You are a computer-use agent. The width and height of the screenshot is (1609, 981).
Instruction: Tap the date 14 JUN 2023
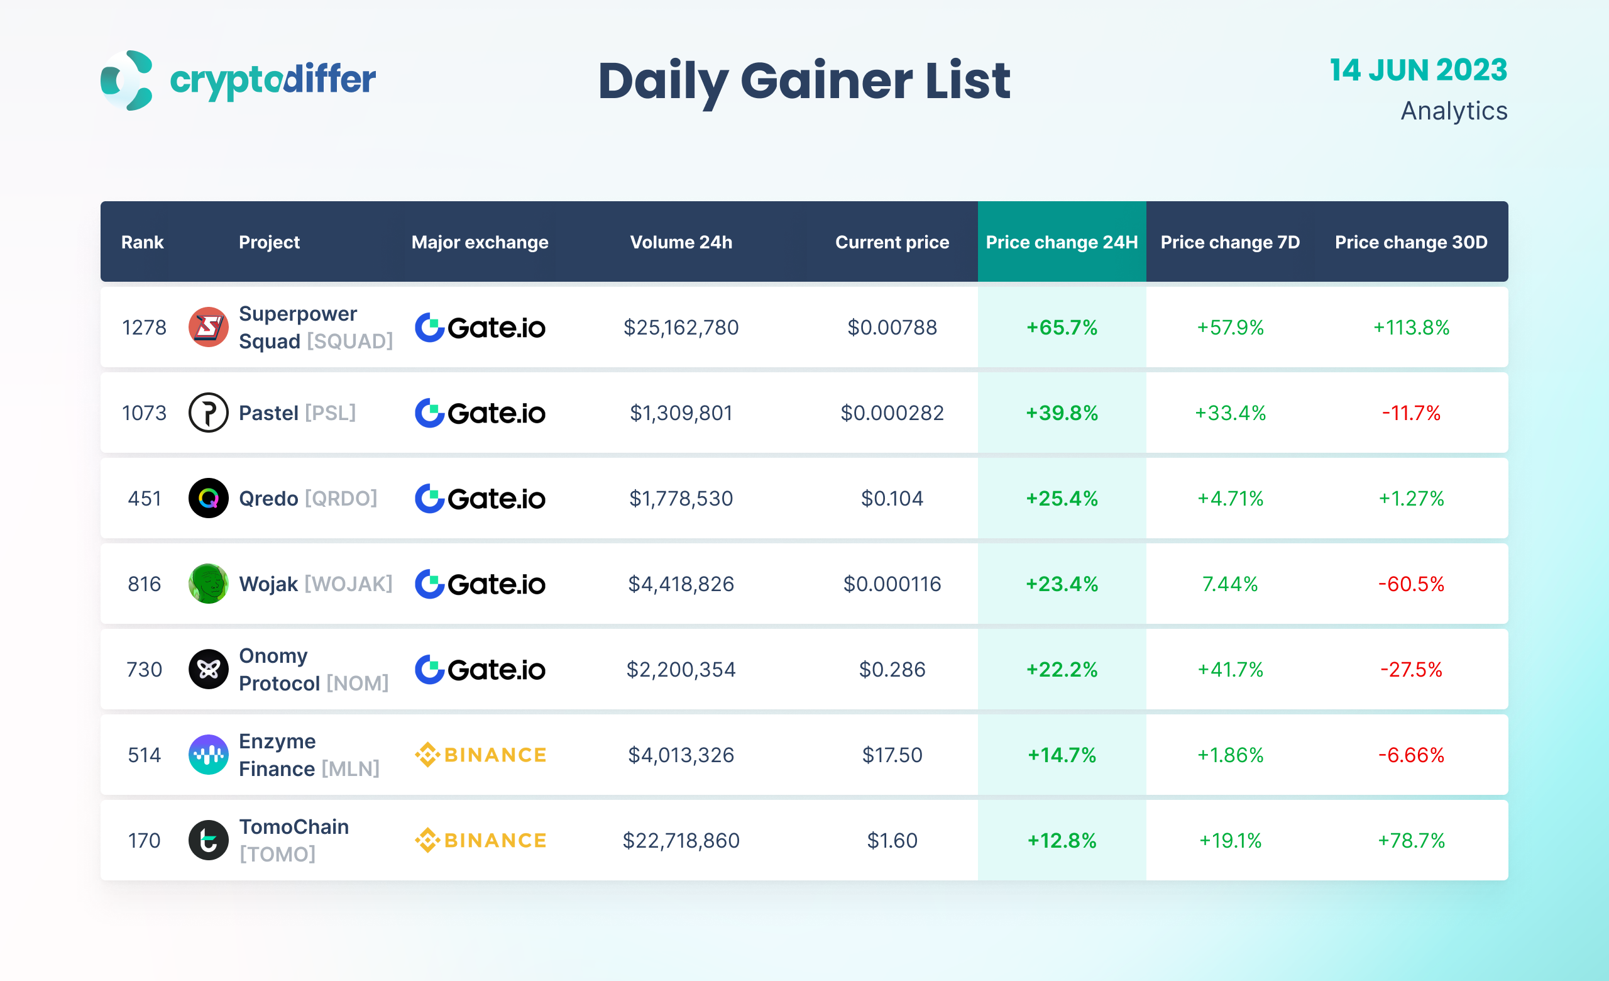click(x=1418, y=70)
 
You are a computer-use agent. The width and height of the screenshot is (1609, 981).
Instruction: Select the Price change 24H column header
click(x=1061, y=242)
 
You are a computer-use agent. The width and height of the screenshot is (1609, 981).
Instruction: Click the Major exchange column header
click(x=480, y=242)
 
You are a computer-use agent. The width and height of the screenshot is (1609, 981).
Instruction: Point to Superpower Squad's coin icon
click(x=208, y=327)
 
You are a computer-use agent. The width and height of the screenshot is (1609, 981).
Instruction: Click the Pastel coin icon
click(x=208, y=413)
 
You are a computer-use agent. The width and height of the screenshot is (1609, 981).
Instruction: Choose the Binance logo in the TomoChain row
click(x=481, y=841)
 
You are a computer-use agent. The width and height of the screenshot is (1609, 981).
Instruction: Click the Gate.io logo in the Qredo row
click(x=481, y=498)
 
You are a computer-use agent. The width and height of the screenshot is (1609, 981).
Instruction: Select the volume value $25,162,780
click(x=681, y=327)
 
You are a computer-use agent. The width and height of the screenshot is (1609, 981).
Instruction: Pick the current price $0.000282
click(x=892, y=413)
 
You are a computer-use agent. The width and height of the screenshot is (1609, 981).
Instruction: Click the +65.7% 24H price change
click(x=1061, y=327)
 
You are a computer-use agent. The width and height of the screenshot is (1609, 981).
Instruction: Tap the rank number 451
click(x=145, y=498)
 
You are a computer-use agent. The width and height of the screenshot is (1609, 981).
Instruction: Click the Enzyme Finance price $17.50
click(x=892, y=755)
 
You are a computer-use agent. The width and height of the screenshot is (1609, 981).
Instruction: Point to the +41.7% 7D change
click(x=1229, y=670)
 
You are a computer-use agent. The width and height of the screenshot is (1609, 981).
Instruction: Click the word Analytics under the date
click(x=1454, y=111)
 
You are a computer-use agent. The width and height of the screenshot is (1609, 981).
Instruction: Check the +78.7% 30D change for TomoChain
click(x=1410, y=841)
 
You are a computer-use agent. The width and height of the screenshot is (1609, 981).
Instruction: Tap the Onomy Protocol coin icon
click(x=208, y=670)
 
